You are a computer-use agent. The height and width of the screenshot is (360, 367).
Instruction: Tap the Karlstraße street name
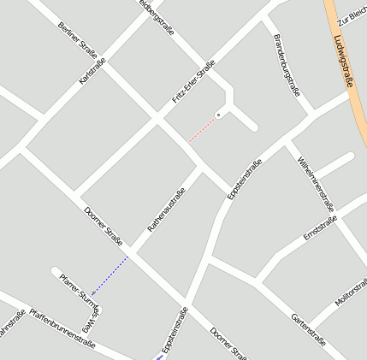(92, 71)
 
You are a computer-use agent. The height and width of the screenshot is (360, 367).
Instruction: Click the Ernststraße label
(321, 228)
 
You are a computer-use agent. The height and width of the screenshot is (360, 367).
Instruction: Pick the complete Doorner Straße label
(104, 225)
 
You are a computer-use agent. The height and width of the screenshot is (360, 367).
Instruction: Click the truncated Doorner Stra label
(228, 344)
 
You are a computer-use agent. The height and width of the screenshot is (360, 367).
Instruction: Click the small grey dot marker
(218, 114)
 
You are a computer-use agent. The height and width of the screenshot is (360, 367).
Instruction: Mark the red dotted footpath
(201, 130)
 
